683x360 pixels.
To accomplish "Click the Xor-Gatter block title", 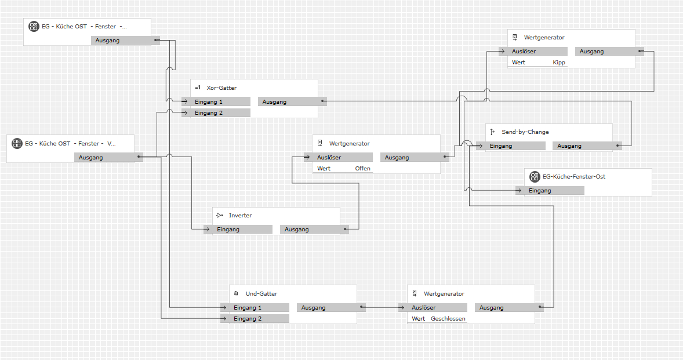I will coord(221,88).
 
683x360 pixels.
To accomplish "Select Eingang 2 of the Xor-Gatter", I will coord(216,113).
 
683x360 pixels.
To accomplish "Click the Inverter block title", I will coord(240,216).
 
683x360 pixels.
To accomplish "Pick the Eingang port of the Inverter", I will coord(238,230).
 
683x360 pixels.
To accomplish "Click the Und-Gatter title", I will coord(261,294).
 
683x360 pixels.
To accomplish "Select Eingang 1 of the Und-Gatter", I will coord(255,308).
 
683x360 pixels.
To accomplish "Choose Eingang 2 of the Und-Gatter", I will coord(255,319).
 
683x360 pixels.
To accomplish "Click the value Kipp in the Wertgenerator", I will coord(559,63).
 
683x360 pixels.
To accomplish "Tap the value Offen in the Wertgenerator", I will coord(362,169).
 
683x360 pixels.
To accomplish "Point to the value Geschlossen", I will coord(448,319).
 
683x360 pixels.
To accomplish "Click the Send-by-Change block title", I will coord(525,132).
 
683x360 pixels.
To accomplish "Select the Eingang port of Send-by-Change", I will coord(510,146).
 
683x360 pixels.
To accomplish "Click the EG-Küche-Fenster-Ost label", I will coord(573,176).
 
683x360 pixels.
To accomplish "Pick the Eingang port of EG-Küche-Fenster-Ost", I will coord(550,191).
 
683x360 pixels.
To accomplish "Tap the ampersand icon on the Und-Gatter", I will coord(236,294).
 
